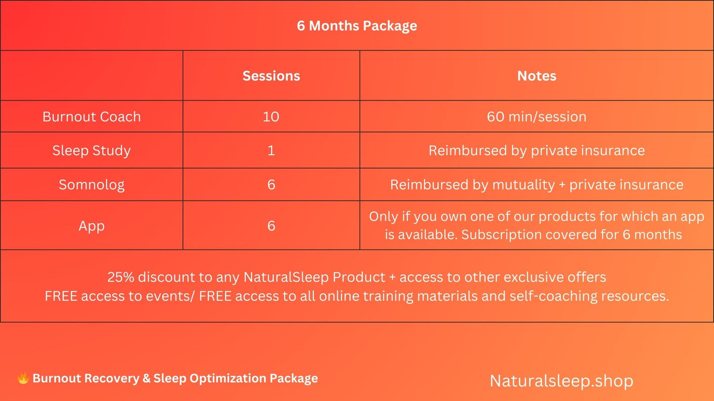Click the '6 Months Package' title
pyautogui.click(x=357, y=26)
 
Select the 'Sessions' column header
pyautogui.click(x=271, y=76)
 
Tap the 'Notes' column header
pyautogui.click(x=537, y=76)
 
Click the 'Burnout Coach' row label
pyautogui.click(x=91, y=117)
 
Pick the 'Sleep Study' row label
pyautogui.click(x=91, y=150)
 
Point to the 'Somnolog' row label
pyautogui.click(x=91, y=184)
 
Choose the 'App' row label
pyautogui.click(x=91, y=226)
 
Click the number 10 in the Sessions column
pyautogui.click(x=271, y=117)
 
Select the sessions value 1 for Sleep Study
pyautogui.click(x=271, y=150)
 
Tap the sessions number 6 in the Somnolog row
pyautogui.click(x=271, y=184)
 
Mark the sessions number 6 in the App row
pyautogui.click(x=271, y=226)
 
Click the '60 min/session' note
pyautogui.click(x=537, y=117)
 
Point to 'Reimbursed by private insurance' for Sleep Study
pyautogui.click(x=537, y=150)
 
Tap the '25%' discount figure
pyautogui.click(x=121, y=277)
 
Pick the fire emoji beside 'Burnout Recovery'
pyautogui.click(x=23, y=379)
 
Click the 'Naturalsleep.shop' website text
pyautogui.click(x=561, y=381)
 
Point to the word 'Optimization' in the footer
pyautogui.click(x=228, y=379)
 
